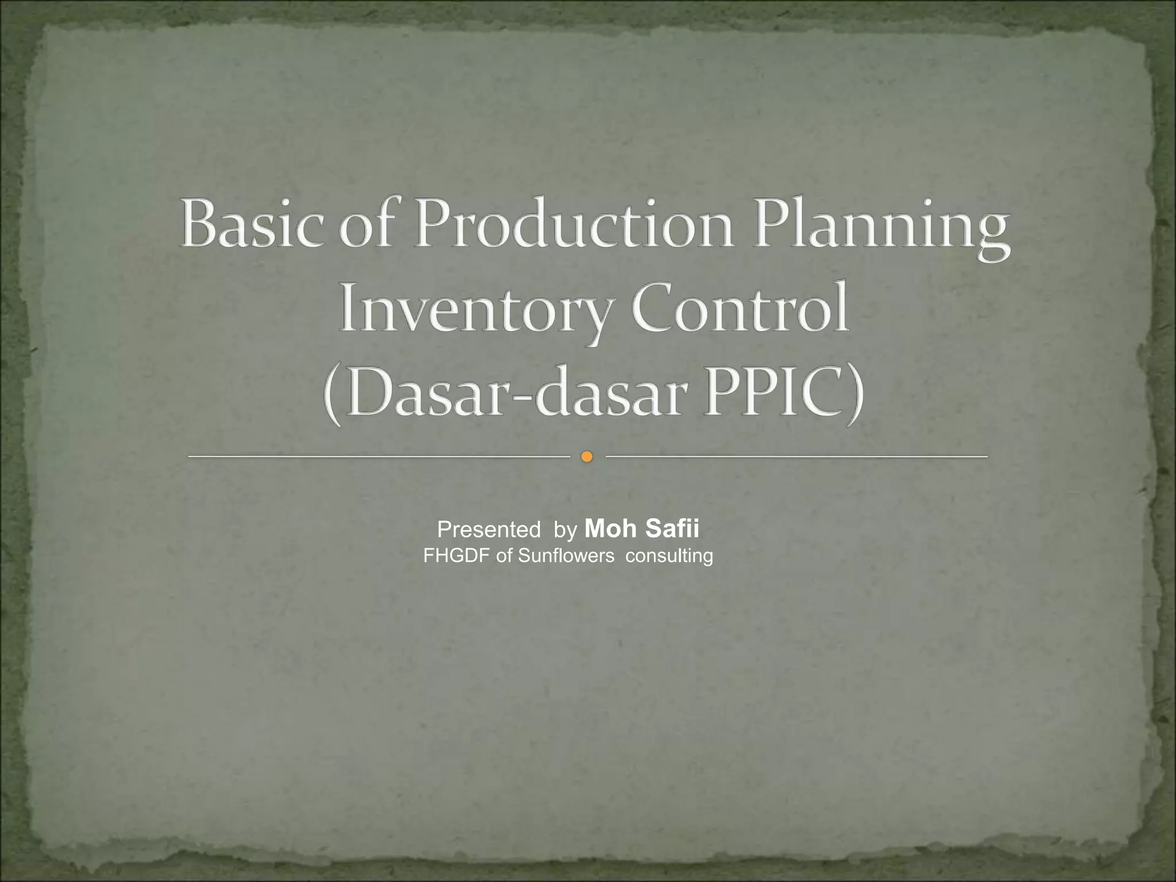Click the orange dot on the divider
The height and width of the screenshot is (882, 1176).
click(x=586, y=457)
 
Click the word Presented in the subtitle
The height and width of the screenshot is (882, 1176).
click(x=488, y=529)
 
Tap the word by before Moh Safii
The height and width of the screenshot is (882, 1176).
click(x=565, y=531)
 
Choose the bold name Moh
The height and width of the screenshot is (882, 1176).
click(x=611, y=528)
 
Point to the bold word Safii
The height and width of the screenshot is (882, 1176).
click(x=672, y=528)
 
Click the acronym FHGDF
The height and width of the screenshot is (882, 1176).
click(x=457, y=556)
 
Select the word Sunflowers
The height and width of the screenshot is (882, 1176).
click(x=566, y=556)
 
